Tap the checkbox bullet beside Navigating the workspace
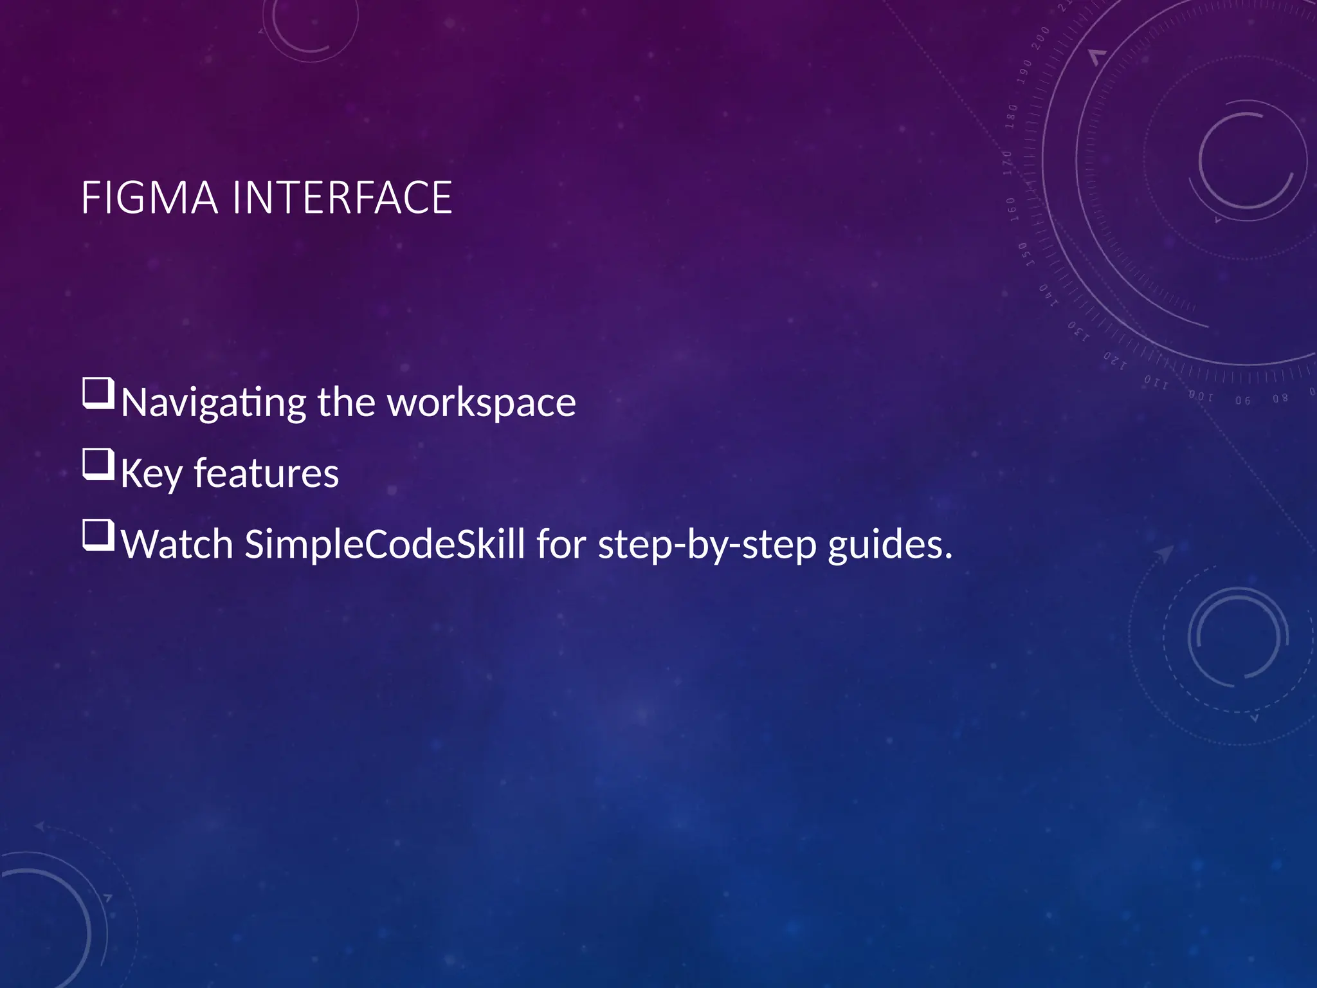pyautogui.click(x=98, y=394)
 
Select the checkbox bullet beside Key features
pyautogui.click(x=98, y=464)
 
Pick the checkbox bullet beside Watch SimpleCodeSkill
pyautogui.click(x=98, y=535)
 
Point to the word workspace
pyautogui.click(x=482, y=403)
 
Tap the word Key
pyautogui.click(x=151, y=474)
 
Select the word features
pyautogui.click(x=266, y=474)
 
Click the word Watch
pyautogui.click(x=177, y=544)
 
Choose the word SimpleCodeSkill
pyautogui.click(x=385, y=544)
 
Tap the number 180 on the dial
pyautogui.click(x=1012, y=116)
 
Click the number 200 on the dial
pyautogui.click(x=1040, y=38)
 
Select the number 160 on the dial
pyautogui.click(x=1012, y=209)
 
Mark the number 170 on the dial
pyautogui.click(x=1008, y=163)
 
